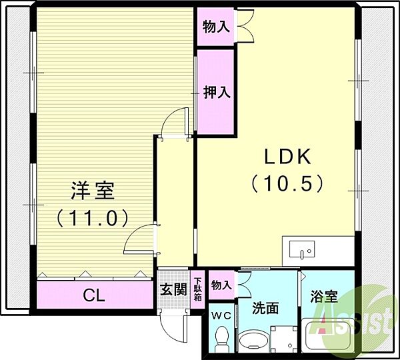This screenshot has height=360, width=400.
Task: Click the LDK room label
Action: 288,157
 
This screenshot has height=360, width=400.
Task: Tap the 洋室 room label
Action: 93,191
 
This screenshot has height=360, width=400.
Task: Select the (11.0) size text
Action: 92,218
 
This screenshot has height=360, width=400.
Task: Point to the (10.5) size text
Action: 287,183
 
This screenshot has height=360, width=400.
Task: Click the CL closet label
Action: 94,296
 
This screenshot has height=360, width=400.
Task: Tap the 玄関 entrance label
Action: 174,290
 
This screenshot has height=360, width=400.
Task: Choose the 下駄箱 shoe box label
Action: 198,289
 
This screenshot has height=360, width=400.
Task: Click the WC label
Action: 221,316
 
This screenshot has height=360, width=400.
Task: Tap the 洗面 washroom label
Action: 265,308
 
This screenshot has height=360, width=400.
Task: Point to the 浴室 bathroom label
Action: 324,297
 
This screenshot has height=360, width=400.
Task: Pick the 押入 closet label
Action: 217,92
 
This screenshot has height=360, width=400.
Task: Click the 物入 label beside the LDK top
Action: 216,27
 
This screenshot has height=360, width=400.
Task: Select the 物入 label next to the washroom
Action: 221,285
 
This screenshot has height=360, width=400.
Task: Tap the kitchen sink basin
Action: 302,249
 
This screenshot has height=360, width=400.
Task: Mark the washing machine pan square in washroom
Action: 284,339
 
